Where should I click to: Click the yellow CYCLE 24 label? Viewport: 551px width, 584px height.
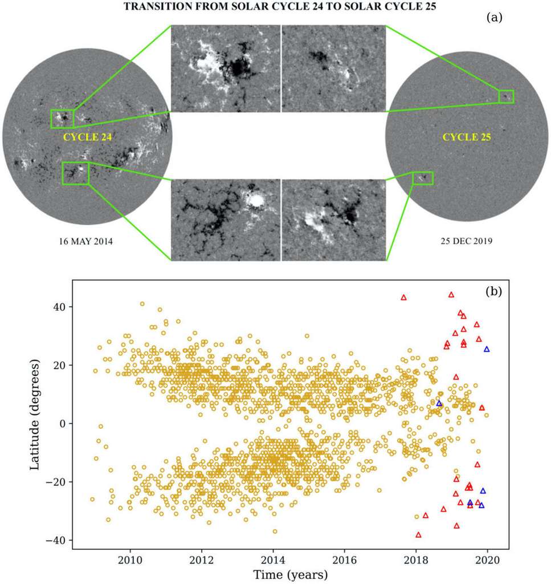(87, 137)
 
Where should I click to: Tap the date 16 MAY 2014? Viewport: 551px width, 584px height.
(86, 241)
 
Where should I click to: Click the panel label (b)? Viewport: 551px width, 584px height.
(493, 291)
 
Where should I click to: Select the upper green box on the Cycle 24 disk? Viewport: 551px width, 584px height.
(62, 119)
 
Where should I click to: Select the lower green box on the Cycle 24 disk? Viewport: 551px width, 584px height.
(75, 173)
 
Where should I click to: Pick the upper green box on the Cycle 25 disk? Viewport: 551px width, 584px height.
(506, 96)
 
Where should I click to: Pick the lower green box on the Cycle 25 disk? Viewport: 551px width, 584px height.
(423, 178)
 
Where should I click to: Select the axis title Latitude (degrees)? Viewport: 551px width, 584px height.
(35, 414)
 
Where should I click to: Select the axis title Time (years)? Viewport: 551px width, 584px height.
(290, 573)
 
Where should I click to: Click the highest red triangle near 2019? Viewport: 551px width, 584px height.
(451, 295)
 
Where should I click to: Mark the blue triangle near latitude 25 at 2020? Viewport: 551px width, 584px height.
(487, 349)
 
